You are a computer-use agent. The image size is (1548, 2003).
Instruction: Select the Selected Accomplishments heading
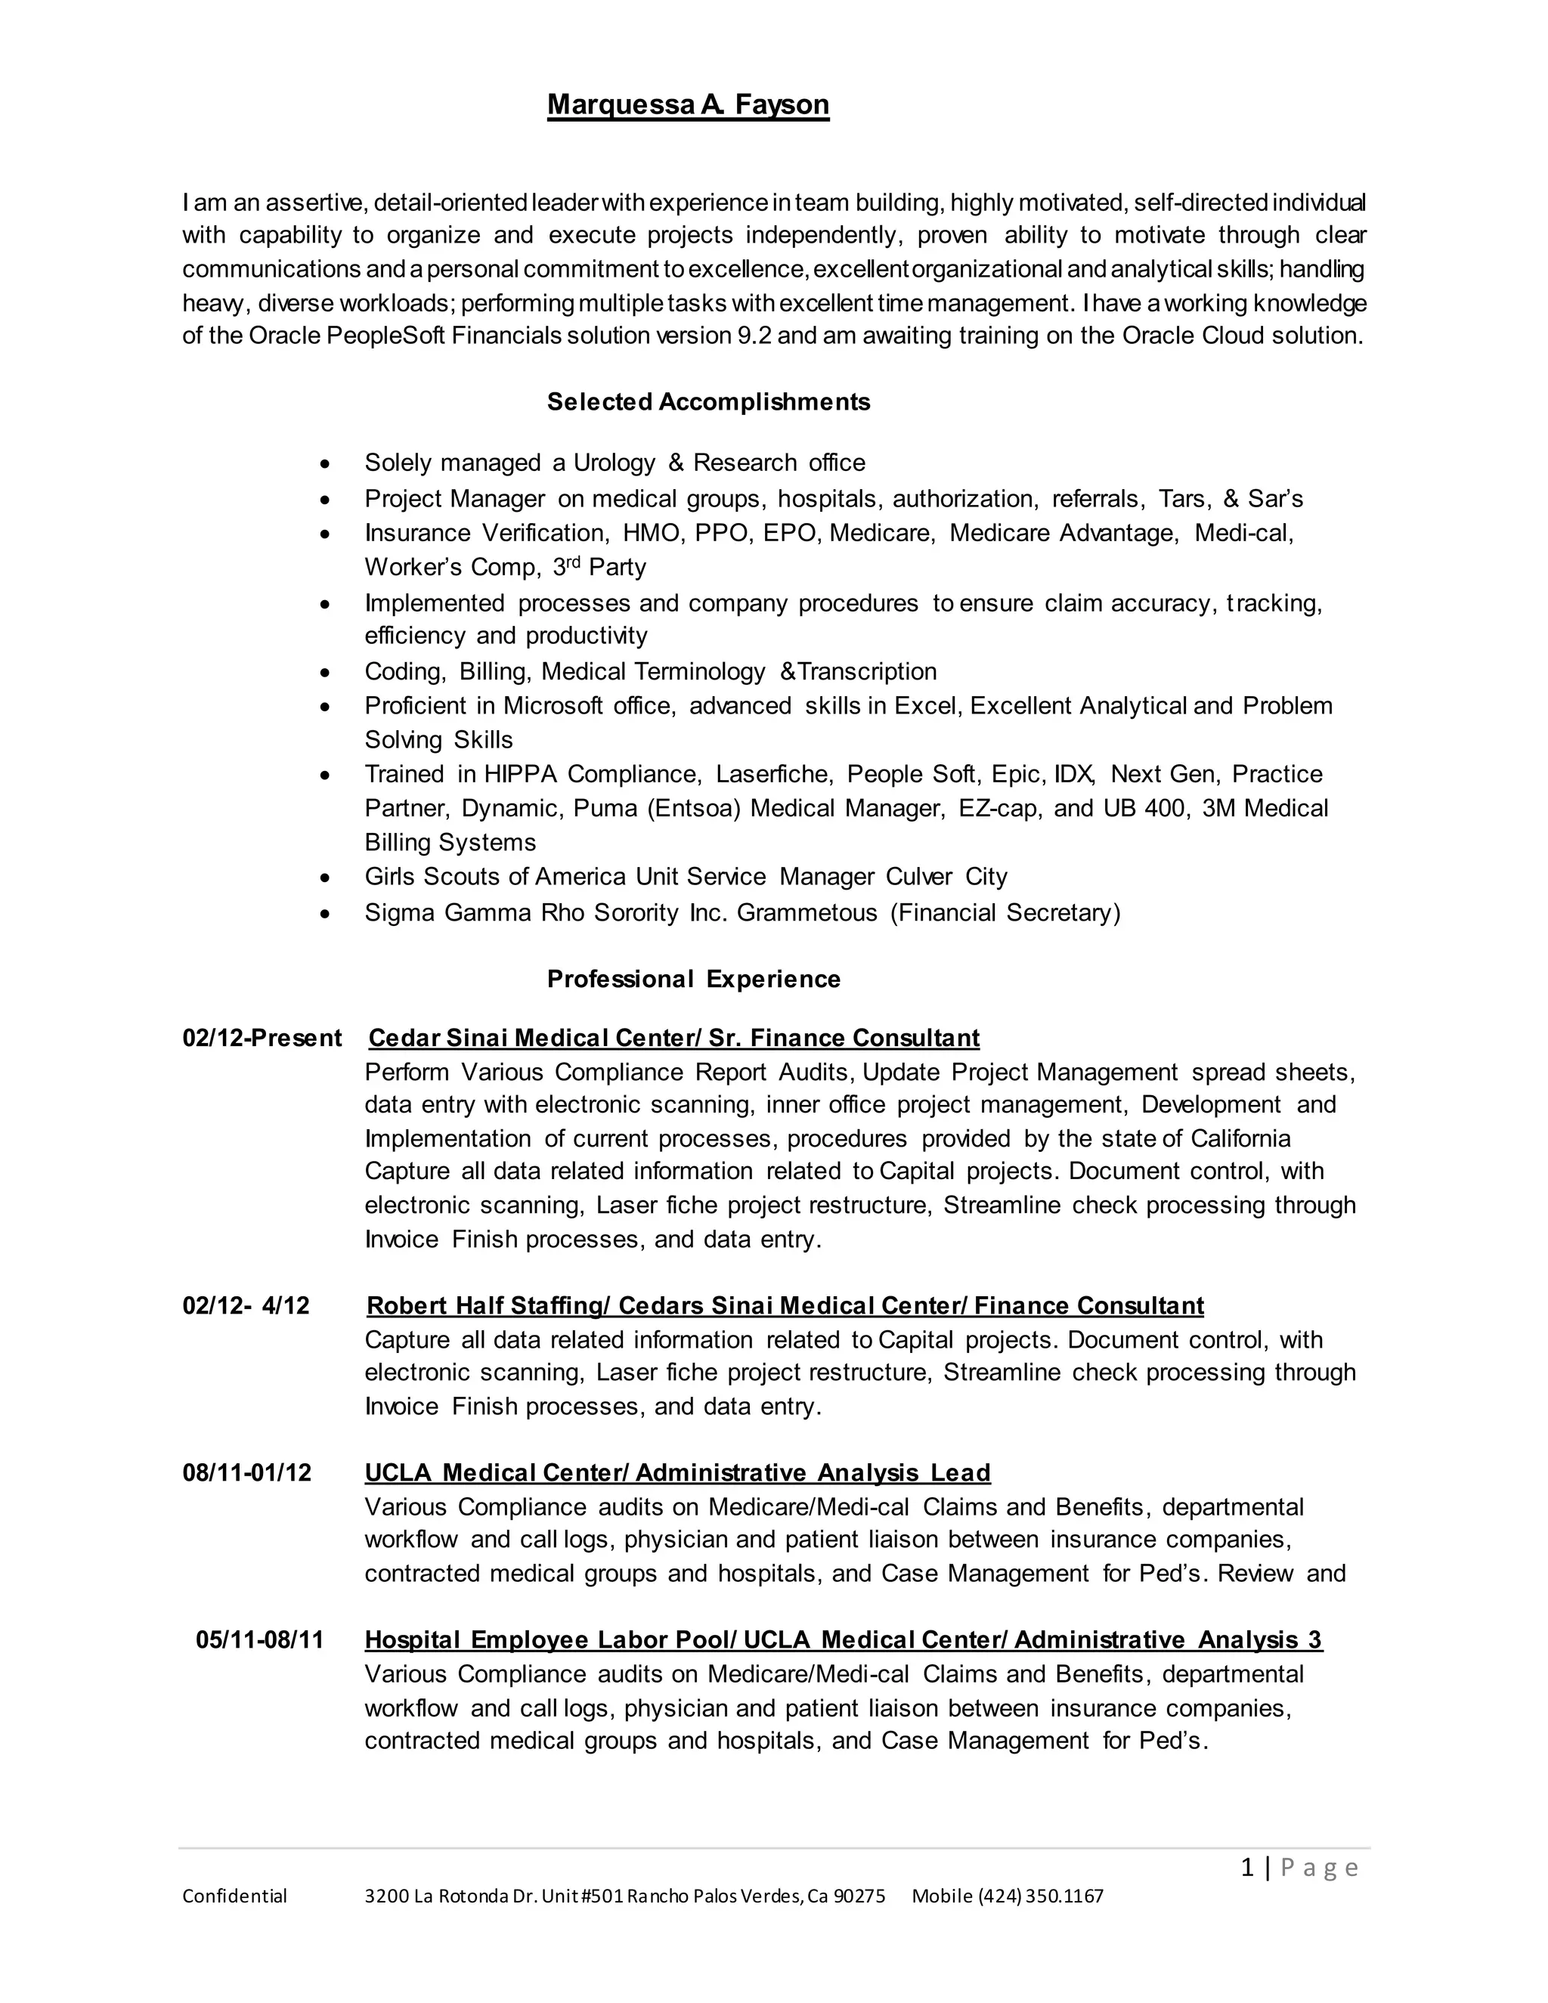(x=708, y=401)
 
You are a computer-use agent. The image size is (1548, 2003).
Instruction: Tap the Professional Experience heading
(x=693, y=980)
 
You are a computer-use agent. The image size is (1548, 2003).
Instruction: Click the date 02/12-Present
(x=262, y=1039)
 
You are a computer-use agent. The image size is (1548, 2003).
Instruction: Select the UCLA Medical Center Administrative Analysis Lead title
(x=676, y=1473)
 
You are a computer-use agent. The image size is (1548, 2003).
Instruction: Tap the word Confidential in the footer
(x=235, y=1896)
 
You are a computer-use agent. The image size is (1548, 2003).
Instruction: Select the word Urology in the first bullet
(x=615, y=463)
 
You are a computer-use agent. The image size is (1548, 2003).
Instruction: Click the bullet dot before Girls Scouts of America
(x=324, y=878)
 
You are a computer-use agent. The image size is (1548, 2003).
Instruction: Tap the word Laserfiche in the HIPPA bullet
(x=773, y=774)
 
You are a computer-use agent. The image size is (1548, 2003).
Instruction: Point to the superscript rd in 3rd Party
(x=575, y=562)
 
